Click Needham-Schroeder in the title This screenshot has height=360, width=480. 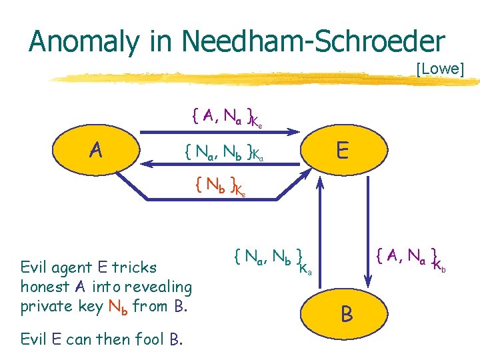(313, 41)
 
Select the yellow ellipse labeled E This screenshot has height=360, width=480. (342, 151)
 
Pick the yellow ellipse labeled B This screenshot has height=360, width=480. (347, 314)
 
